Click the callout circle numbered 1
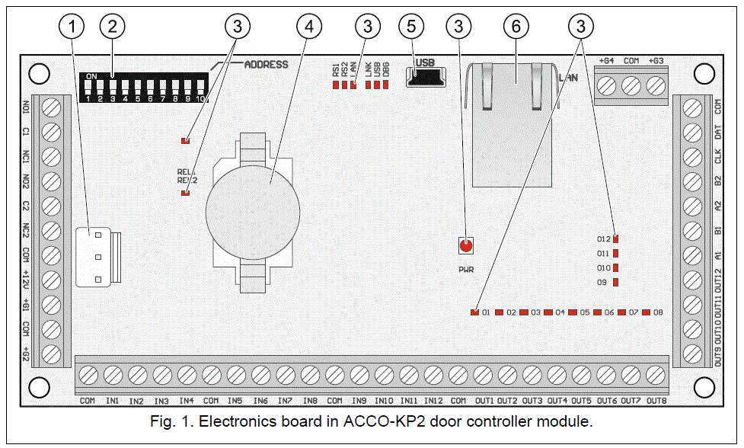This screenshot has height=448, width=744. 72,27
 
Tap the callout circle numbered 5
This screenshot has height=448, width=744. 411,27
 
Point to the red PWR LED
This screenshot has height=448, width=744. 466,245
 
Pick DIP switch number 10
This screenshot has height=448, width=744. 200,86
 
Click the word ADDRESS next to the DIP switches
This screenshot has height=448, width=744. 266,65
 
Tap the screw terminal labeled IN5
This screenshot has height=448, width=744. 235,374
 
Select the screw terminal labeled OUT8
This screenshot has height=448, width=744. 655,374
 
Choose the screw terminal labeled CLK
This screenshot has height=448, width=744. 693,157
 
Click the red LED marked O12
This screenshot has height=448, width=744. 615,239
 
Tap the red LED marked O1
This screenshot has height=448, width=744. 475,312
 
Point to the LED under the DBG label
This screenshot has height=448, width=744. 385,85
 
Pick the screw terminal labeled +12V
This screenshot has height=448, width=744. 51,279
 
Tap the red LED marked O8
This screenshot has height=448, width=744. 646,312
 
